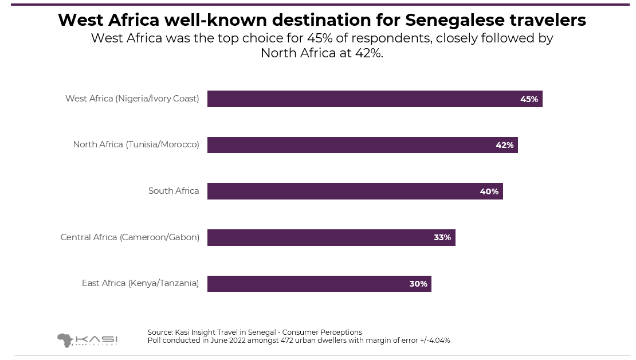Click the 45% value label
point(529,99)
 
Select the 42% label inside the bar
point(505,145)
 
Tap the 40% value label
point(489,191)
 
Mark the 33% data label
point(442,237)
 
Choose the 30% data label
point(418,284)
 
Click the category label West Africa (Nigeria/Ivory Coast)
point(132,99)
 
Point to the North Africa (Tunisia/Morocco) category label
point(136,144)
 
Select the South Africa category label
point(174,191)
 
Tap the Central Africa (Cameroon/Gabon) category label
point(129,237)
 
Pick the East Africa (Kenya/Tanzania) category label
point(140,283)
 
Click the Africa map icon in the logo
point(65,340)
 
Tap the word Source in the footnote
point(160,332)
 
